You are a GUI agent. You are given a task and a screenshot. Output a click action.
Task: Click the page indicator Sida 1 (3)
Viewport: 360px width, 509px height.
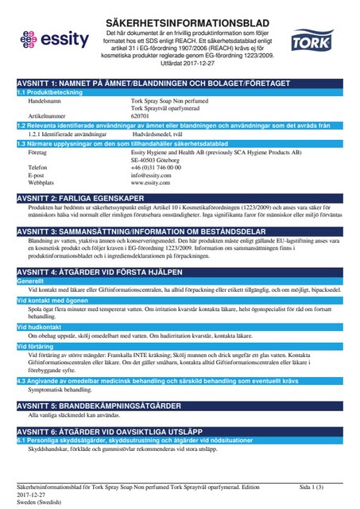pos(312,486)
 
